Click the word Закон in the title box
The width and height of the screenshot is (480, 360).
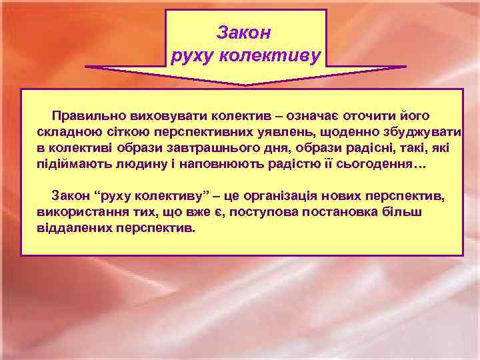[245, 31]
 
